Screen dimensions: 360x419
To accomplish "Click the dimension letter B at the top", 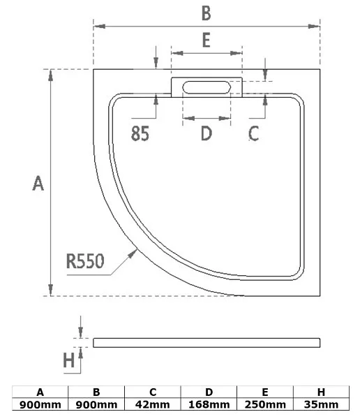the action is pyautogui.click(x=207, y=13).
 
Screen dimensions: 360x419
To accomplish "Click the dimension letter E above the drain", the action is pyautogui.click(x=207, y=40).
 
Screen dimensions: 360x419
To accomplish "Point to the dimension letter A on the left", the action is pyautogui.click(x=38, y=183).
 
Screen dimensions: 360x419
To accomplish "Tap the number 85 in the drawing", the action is pyautogui.click(x=140, y=133).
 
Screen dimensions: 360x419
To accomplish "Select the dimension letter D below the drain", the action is pyautogui.click(x=207, y=133).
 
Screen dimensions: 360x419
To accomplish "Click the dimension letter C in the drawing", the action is pyautogui.click(x=253, y=133).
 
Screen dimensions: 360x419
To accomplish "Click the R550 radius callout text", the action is pyautogui.click(x=85, y=261).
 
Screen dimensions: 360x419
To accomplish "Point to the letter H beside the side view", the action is pyautogui.click(x=69, y=360).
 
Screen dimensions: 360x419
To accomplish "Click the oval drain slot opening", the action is pyautogui.click(x=207, y=87).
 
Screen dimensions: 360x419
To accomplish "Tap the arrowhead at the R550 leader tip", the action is pyautogui.click(x=133, y=253).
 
